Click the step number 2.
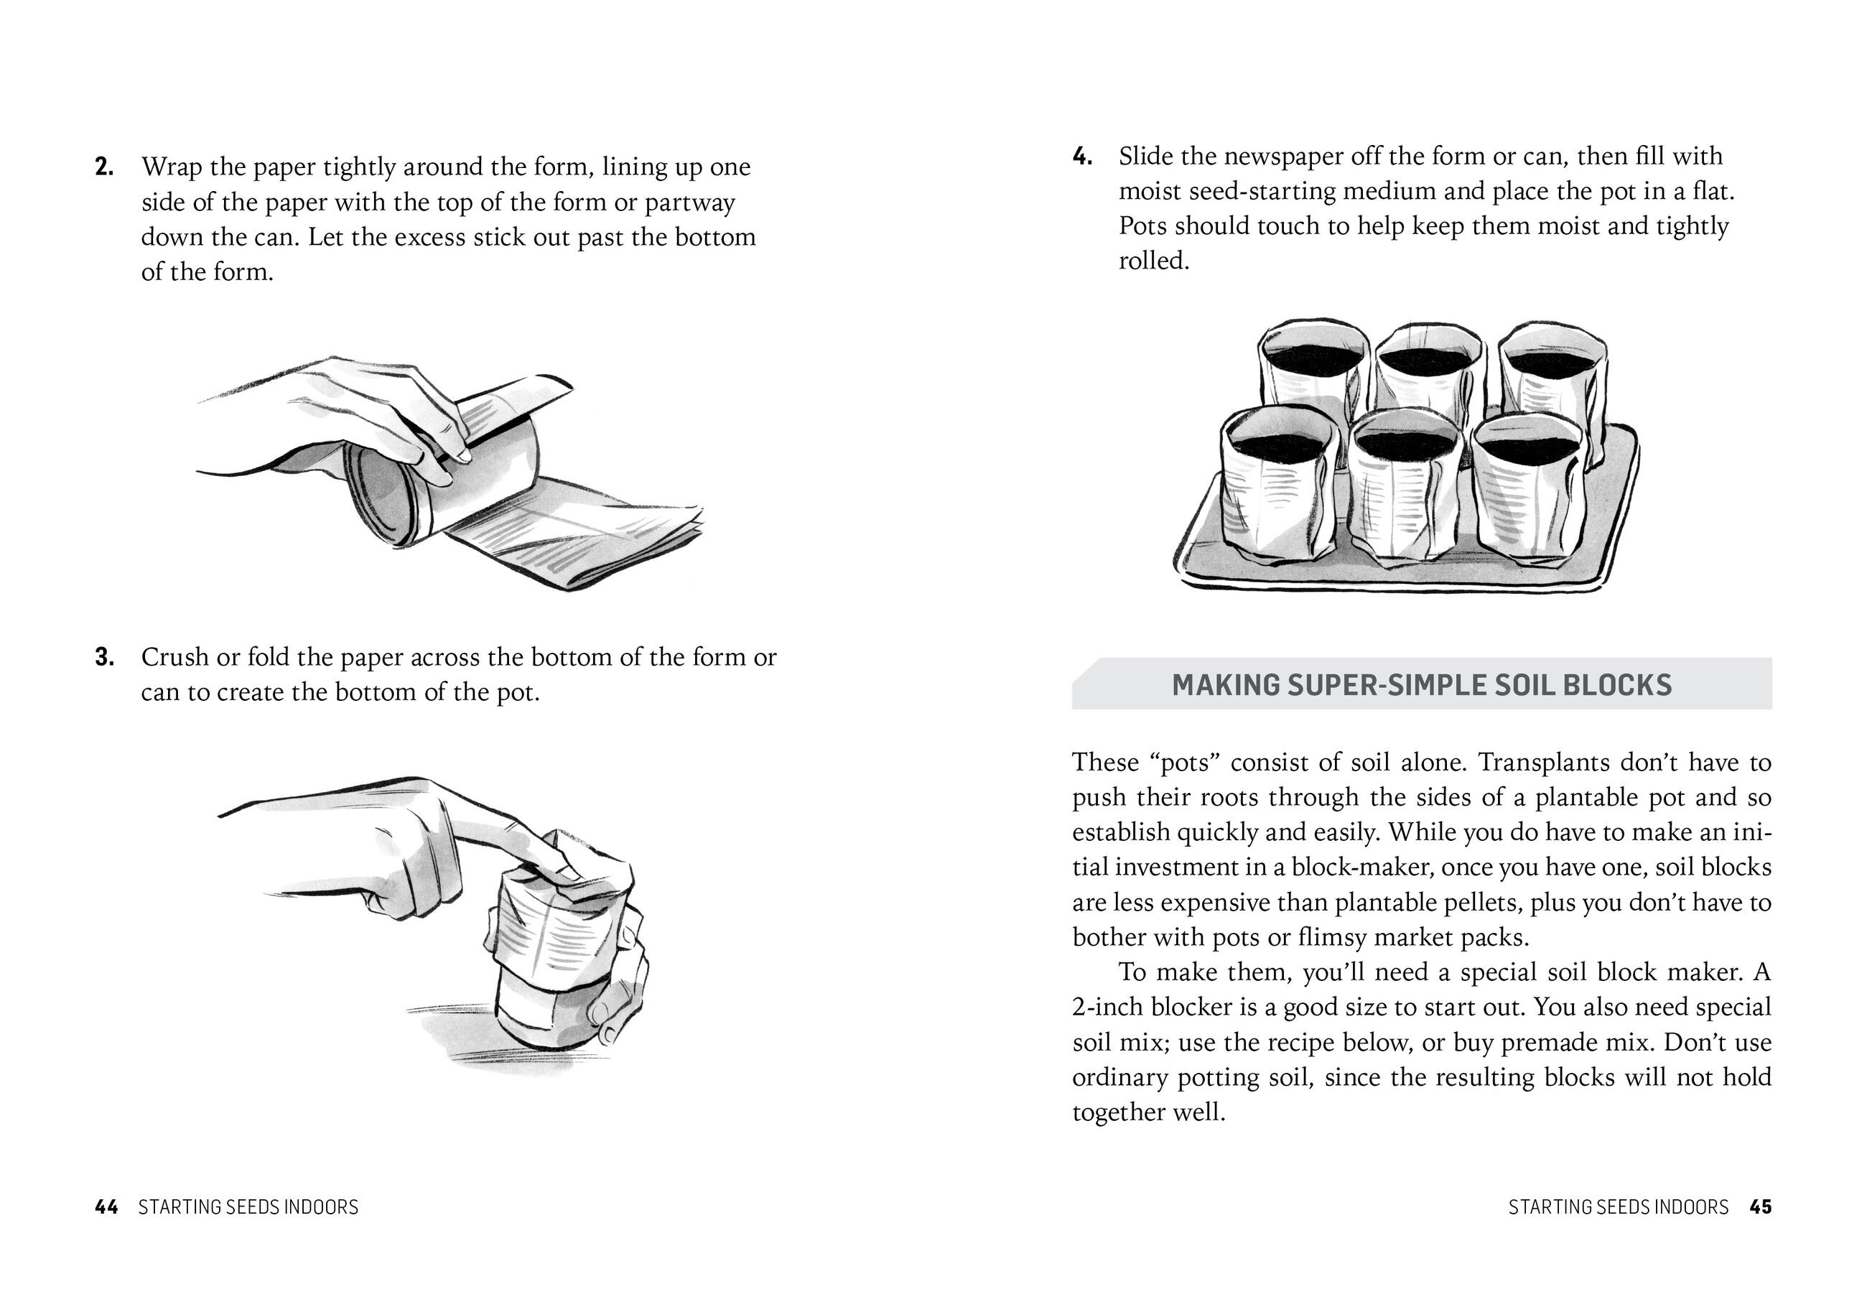(x=103, y=167)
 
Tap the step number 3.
(x=103, y=657)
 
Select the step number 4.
(x=1081, y=156)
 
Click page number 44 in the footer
(x=106, y=1207)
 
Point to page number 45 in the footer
(x=1761, y=1207)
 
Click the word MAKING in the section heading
(x=1224, y=685)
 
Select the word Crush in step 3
(x=174, y=657)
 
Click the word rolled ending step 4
(x=1153, y=261)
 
